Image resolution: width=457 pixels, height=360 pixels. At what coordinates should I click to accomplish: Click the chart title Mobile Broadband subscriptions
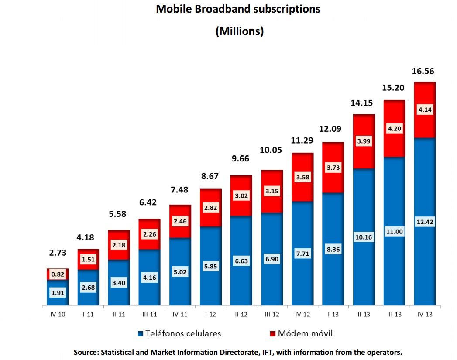238,9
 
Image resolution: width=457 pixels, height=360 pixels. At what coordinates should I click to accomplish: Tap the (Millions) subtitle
239,31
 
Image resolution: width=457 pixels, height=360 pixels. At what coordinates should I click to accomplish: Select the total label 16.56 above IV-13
423,71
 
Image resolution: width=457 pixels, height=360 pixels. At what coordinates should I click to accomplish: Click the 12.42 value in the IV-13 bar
425,222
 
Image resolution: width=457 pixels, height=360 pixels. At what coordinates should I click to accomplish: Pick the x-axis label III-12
271,314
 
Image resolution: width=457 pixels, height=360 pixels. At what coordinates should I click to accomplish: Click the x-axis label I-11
88,314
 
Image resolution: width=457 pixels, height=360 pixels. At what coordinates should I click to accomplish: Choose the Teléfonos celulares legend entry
179,334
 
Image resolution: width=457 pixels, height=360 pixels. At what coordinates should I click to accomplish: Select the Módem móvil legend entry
301,334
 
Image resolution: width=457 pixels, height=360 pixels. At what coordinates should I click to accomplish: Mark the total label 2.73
57,253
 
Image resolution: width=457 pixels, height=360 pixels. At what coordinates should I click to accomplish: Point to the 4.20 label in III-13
394,129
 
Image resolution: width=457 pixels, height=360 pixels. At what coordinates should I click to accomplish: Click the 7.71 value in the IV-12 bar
302,254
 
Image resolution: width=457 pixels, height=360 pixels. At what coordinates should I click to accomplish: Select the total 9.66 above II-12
241,158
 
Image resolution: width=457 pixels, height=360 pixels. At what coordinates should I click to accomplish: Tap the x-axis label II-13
364,314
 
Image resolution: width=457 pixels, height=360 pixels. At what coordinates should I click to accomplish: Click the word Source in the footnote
86,352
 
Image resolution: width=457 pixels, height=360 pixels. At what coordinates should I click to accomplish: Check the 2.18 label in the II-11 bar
119,245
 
